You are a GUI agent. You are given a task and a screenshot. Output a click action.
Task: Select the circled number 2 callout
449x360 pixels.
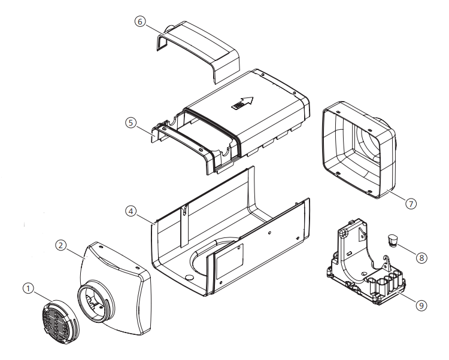pyautogui.click(x=60, y=245)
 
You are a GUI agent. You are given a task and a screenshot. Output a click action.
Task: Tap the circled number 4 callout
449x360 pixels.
pyautogui.click(x=131, y=211)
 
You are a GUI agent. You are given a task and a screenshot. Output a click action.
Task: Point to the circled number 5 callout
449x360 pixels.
pyautogui.click(x=131, y=123)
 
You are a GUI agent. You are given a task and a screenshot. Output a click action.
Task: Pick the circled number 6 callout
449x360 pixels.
pyautogui.click(x=139, y=21)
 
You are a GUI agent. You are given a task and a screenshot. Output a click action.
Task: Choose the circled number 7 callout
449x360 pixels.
pyautogui.click(x=410, y=203)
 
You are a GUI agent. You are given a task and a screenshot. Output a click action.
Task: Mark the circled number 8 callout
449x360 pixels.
pyautogui.click(x=423, y=258)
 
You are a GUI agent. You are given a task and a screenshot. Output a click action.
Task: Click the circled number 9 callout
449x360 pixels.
pyautogui.click(x=421, y=304)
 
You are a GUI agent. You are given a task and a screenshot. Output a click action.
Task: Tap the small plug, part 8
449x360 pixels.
pyautogui.click(x=393, y=240)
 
